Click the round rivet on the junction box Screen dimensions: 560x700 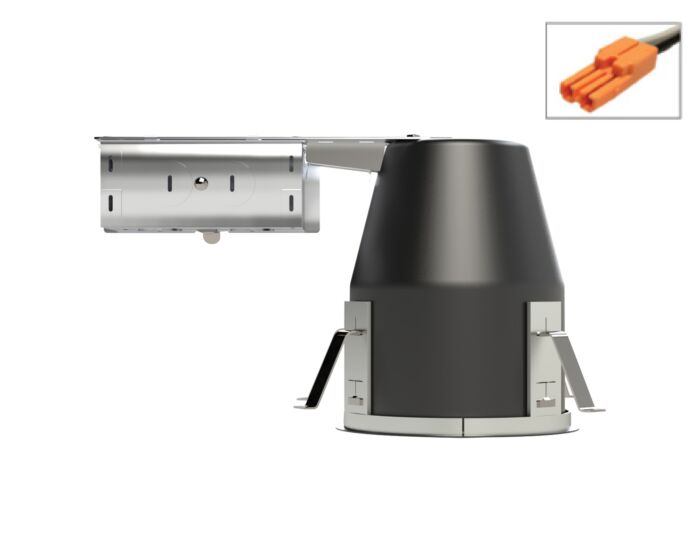tap(201, 183)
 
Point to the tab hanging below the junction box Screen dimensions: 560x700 tap(209, 237)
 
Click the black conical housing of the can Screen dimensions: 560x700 tap(455, 250)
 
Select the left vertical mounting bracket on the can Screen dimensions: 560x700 tap(356, 360)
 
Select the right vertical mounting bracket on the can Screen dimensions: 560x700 tap(544, 360)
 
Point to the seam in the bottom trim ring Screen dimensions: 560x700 tap(463, 426)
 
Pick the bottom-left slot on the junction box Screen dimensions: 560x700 tap(111, 204)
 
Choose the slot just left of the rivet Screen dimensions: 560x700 tap(169, 183)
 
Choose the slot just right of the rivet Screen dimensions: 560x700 tap(231, 183)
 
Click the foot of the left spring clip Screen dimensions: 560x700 tap(304, 403)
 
